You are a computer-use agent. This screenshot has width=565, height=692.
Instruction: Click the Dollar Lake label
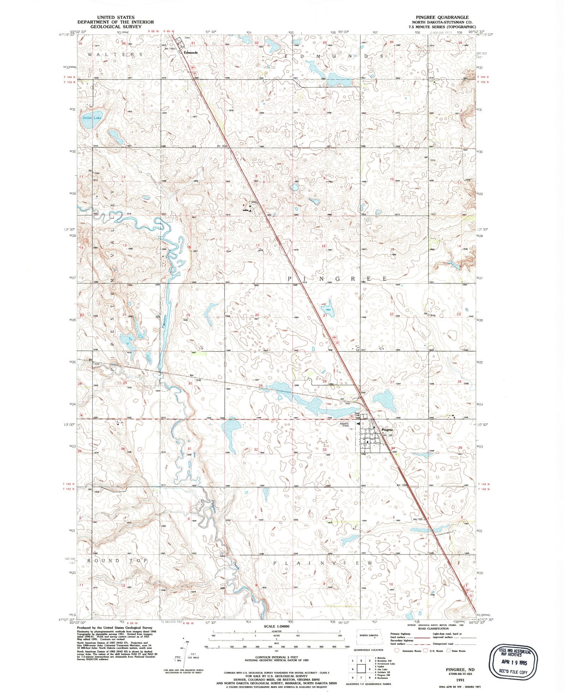[92, 118]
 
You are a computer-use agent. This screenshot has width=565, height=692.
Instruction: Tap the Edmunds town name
[191, 52]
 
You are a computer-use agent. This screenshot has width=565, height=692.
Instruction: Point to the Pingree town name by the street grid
[387, 430]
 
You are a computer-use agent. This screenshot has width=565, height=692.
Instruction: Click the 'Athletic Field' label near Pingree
[344, 425]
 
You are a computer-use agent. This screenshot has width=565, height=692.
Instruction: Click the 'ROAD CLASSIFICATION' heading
[433, 628]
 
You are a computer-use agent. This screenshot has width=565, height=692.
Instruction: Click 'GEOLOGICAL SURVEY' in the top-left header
[116, 26]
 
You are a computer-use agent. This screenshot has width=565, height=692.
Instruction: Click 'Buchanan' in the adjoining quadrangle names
[382, 678]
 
